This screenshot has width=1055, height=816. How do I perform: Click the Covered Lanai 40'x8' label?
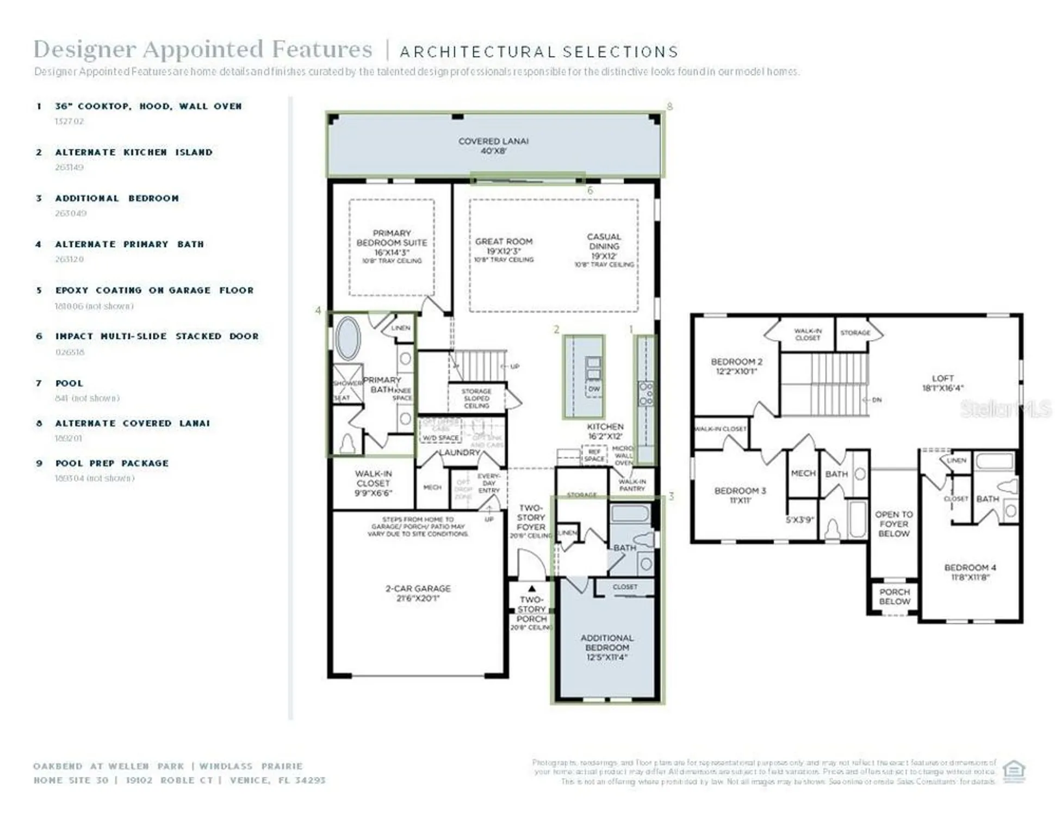[493, 146]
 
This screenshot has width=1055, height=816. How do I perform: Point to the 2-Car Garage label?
[418, 593]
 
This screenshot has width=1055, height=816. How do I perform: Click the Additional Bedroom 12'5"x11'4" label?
[606, 647]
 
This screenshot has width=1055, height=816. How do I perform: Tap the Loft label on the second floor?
[942, 383]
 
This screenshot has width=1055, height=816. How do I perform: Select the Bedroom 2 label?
[736, 366]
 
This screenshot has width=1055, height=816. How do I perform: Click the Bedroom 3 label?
[740, 495]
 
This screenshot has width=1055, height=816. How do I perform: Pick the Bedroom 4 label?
[970, 572]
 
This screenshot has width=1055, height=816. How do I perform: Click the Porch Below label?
[894, 596]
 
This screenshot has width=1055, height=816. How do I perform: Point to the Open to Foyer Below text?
[893, 524]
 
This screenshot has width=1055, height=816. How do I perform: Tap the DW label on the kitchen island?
[594, 389]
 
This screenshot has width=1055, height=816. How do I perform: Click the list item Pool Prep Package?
[111, 463]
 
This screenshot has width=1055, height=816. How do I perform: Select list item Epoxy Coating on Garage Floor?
[154, 290]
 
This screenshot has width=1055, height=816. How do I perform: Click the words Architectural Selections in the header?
[539, 52]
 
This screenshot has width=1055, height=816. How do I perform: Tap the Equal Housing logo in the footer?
[1013, 771]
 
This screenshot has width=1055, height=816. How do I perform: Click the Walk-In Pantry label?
[631, 485]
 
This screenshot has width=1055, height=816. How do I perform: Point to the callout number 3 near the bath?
[671, 496]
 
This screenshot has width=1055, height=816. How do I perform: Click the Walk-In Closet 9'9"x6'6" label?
[373, 483]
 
